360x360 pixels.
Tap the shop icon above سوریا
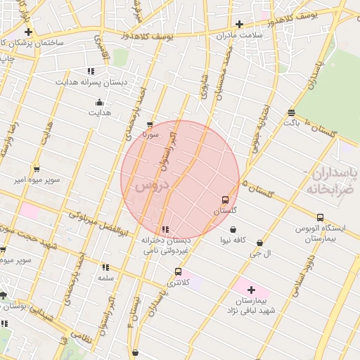point(150,125)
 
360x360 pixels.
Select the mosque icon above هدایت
point(99,102)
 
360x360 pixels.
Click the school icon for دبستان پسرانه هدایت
point(91,71)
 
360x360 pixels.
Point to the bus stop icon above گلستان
point(225,200)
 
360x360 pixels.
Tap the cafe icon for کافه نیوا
point(233,229)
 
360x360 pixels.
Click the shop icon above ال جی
point(259,243)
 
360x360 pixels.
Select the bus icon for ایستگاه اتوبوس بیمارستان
point(320,217)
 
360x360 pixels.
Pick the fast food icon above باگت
point(291,112)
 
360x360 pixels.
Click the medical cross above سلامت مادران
point(239,24)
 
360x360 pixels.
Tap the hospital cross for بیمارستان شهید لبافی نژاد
point(251,289)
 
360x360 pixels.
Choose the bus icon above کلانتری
point(178,271)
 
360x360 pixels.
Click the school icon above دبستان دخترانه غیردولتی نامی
point(165,229)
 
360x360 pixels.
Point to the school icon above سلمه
point(105,267)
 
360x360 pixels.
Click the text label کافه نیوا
point(233,240)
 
